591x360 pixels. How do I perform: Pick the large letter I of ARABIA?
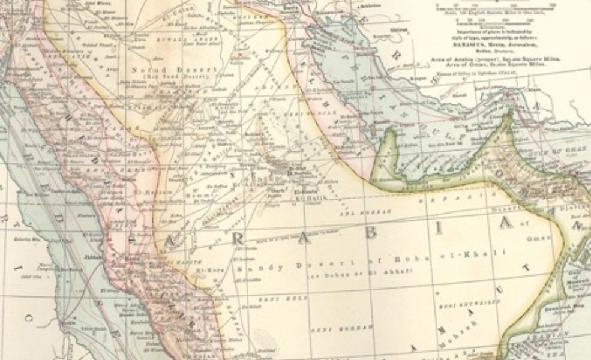[440, 229]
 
